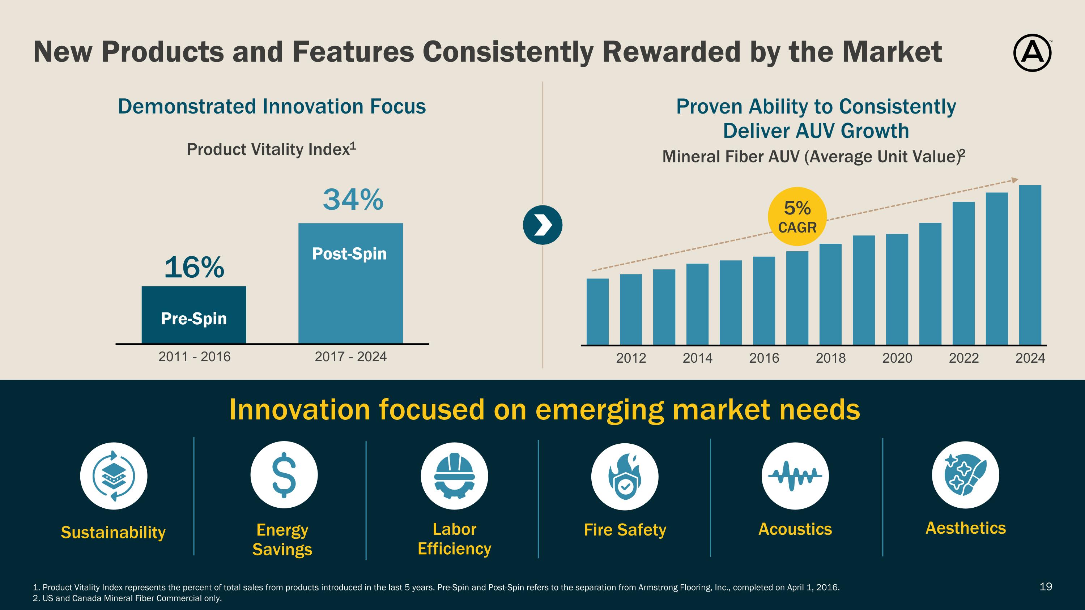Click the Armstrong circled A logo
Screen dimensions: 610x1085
pyautogui.click(x=1032, y=53)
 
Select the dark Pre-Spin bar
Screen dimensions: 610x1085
pyautogui.click(x=194, y=315)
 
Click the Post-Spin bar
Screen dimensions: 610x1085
pyautogui.click(x=350, y=283)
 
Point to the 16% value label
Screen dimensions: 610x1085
pyautogui.click(x=194, y=267)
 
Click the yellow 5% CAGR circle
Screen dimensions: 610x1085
pyautogui.click(x=797, y=216)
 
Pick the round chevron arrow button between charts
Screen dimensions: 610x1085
pyautogui.click(x=542, y=225)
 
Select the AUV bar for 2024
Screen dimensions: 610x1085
pyautogui.click(x=1030, y=265)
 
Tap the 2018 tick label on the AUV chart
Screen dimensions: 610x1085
pyautogui.click(x=831, y=358)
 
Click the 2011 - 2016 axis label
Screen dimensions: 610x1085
pyautogui.click(x=194, y=357)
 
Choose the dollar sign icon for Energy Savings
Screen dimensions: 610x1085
pyautogui.click(x=284, y=475)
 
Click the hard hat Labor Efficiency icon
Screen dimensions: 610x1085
pyautogui.click(x=454, y=476)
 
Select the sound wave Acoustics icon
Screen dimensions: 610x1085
pyautogui.click(x=795, y=476)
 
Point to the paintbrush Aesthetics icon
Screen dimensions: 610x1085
pyautogui.click(x=965, y=475)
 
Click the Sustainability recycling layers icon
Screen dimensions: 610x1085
pyautogui.click(x=114, y=476)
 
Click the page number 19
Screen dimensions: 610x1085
pyautogui.click(x=1046, y=586)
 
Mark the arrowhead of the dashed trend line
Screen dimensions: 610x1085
pyautogui.click(x=1015, y=180)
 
